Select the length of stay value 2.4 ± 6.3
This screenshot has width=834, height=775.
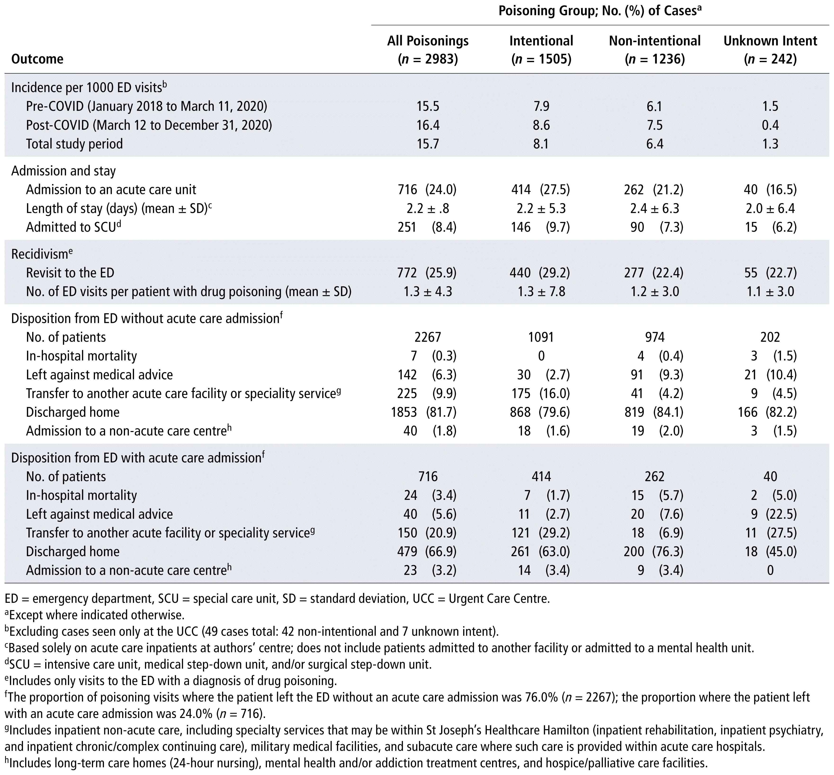(x=655, y=208)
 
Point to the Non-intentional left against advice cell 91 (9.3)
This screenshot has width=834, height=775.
(x=655, y=374)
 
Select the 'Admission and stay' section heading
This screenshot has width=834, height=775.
(x=63, y=171)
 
